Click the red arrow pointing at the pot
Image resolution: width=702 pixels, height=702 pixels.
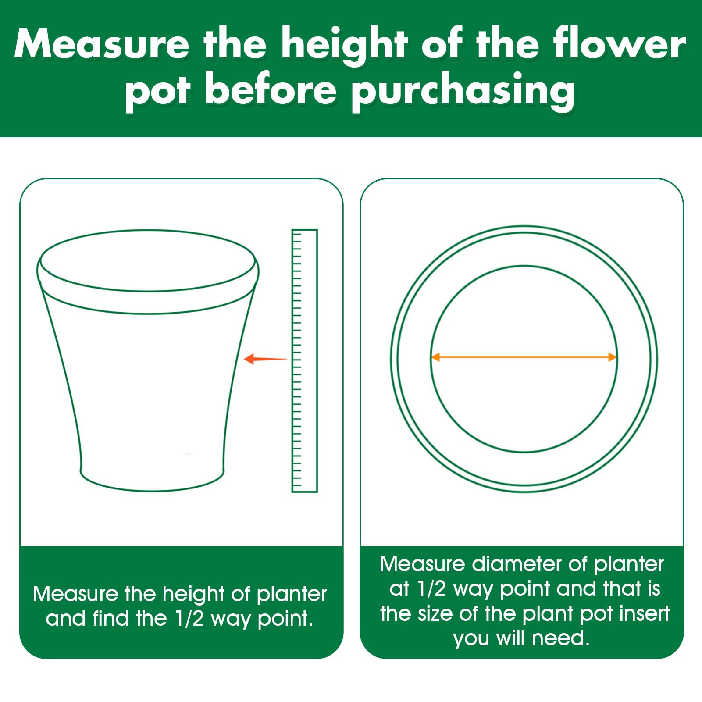[x=265, y=359]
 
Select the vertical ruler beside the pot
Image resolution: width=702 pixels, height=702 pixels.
[x=304, y=360]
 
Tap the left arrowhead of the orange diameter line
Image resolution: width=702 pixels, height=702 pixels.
[x=435, y=357]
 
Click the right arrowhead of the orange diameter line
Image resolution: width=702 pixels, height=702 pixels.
[x=613, y=357]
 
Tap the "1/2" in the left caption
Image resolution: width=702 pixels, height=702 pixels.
[x=189, y=618]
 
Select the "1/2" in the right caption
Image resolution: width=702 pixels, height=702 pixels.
[x=432, y=589]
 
